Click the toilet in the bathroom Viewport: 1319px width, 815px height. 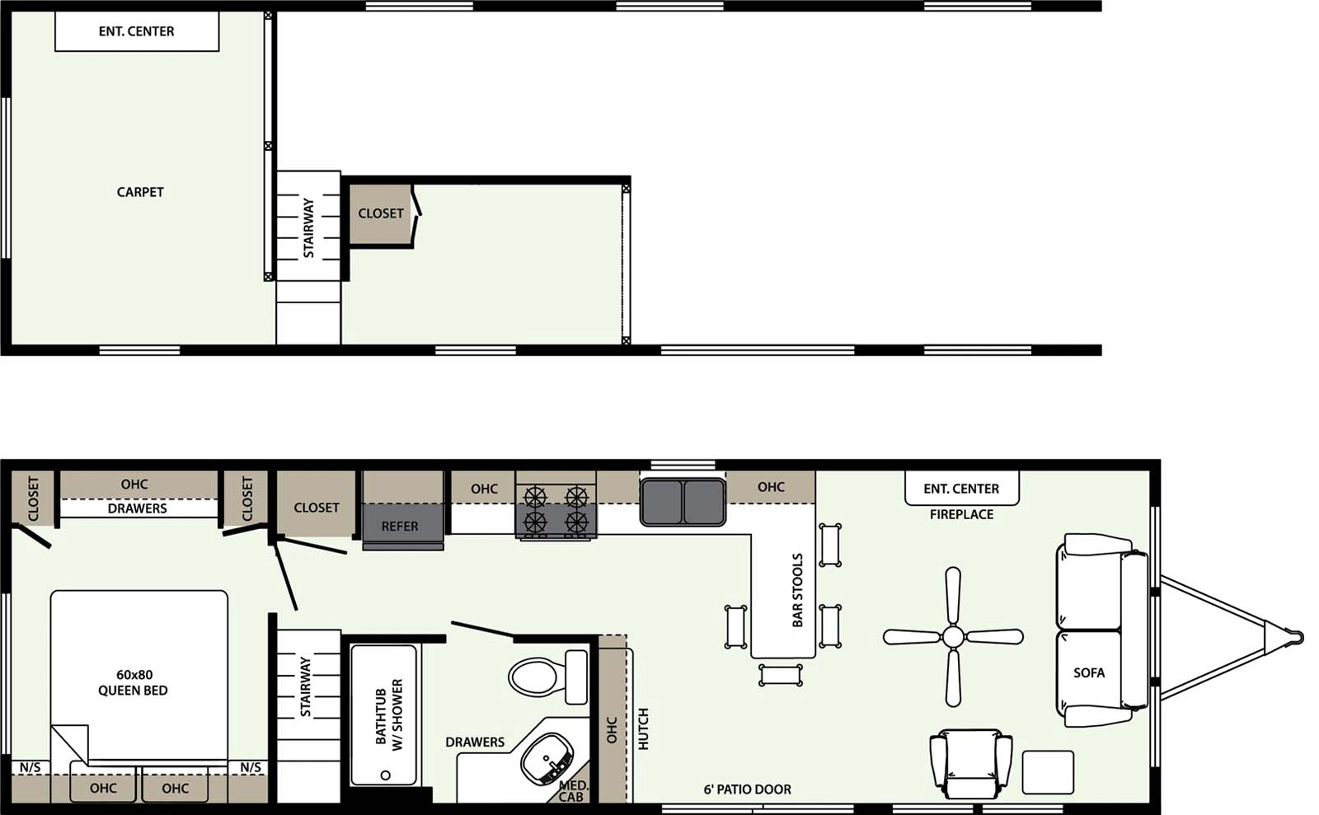pos(544,677)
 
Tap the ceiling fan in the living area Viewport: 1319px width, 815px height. pos(953,636)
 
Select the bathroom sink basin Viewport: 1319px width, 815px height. pos(547,758)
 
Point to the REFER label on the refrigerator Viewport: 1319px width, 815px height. pos(400,527)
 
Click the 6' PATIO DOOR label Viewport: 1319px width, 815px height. pos(747,789)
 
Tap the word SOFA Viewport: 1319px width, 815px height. pos(1089,673)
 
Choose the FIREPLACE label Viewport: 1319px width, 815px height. pos(961,514)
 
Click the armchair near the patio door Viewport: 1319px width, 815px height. pos(970,762)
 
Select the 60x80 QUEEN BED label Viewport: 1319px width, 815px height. pos(133,683)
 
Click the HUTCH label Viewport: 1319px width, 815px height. pos(644,728)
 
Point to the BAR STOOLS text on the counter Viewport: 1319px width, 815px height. pos(797,590)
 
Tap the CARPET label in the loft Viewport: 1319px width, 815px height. pos(140,192)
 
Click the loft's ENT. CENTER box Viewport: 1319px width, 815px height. pos(137,31)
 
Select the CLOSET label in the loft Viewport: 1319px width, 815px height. pos(381,213)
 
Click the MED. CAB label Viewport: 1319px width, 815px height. pos(572,791)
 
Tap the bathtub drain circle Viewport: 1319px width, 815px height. pos(385,775)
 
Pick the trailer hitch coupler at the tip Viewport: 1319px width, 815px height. pos(1296,637)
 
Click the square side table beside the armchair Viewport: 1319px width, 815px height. pos(1048,772)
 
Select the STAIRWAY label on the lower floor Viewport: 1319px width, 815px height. pos(306,686)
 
